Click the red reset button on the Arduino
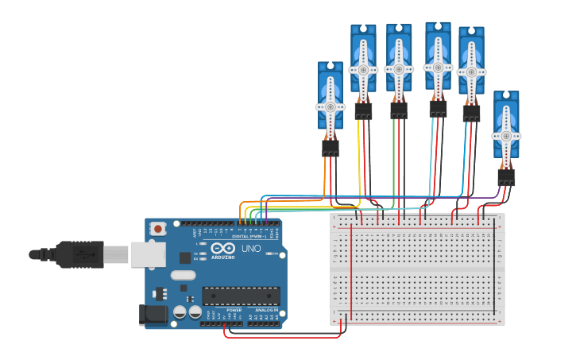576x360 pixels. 158,229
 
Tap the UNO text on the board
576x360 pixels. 251,249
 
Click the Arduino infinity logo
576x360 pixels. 222,248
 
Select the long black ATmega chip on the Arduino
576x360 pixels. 241,296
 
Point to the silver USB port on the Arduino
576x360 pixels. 148,254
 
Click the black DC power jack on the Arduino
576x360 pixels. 153,315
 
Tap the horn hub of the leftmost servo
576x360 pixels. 331,106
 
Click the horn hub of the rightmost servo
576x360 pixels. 505,136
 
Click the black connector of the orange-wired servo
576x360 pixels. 331,148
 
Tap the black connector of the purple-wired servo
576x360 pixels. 506,177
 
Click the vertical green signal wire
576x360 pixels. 393,159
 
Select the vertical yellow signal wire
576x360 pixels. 358,159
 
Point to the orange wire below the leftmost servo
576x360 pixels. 325,175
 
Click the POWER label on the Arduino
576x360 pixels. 234,310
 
